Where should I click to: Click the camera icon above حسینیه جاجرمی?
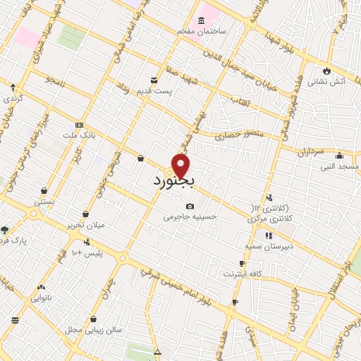[189, 206]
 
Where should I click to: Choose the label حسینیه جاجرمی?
[188, 217]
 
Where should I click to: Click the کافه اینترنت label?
[243, 273]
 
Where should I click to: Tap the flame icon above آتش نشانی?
[326, 71]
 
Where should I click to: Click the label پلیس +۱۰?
[88, 252]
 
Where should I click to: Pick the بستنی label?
[44, 201]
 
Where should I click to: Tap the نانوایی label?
[44, 298]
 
